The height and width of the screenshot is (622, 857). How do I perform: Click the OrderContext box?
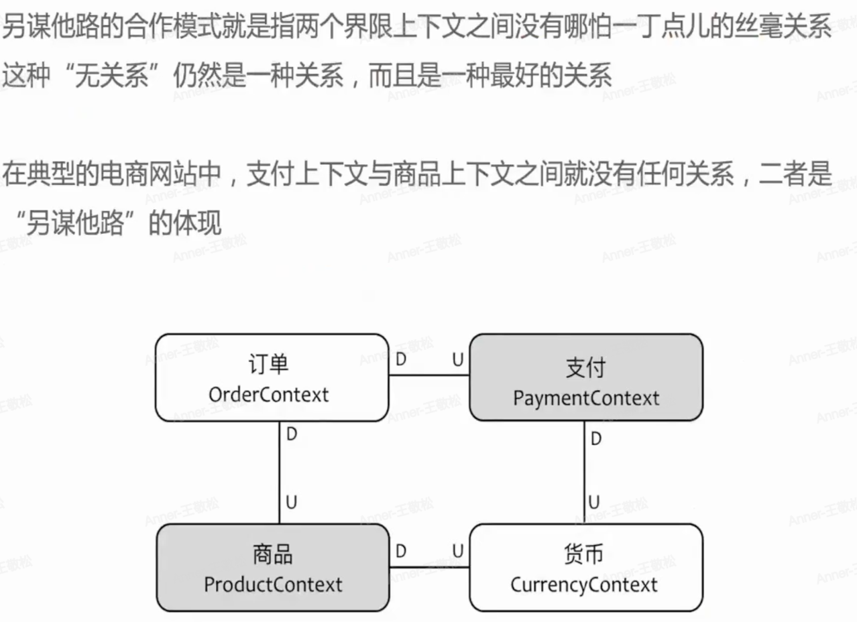click(272, 377)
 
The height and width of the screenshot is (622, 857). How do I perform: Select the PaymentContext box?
click(586, 377)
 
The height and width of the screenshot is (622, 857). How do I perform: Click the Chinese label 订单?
click(268, 365)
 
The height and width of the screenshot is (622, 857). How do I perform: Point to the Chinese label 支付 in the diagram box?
click(585, 367)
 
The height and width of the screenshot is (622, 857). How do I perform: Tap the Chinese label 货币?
click(583, 554)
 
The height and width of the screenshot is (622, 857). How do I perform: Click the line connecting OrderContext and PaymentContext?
click(429, 375)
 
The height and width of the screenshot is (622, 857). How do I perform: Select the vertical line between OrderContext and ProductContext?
click(279, 473)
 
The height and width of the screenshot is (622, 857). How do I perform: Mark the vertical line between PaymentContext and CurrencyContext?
click(584, 473)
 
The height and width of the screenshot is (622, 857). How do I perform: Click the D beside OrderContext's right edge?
click(401, 360)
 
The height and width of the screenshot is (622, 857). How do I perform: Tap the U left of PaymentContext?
click(457, 360)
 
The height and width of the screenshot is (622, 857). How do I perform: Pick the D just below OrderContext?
click(292, 434)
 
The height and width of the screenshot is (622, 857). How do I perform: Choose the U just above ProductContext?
click(292, 502)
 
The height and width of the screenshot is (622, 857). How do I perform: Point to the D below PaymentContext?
click(595, 440)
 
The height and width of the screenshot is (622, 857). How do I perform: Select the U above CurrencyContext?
click(594, 502)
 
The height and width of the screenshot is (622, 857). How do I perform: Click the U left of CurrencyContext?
click(457, 551)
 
